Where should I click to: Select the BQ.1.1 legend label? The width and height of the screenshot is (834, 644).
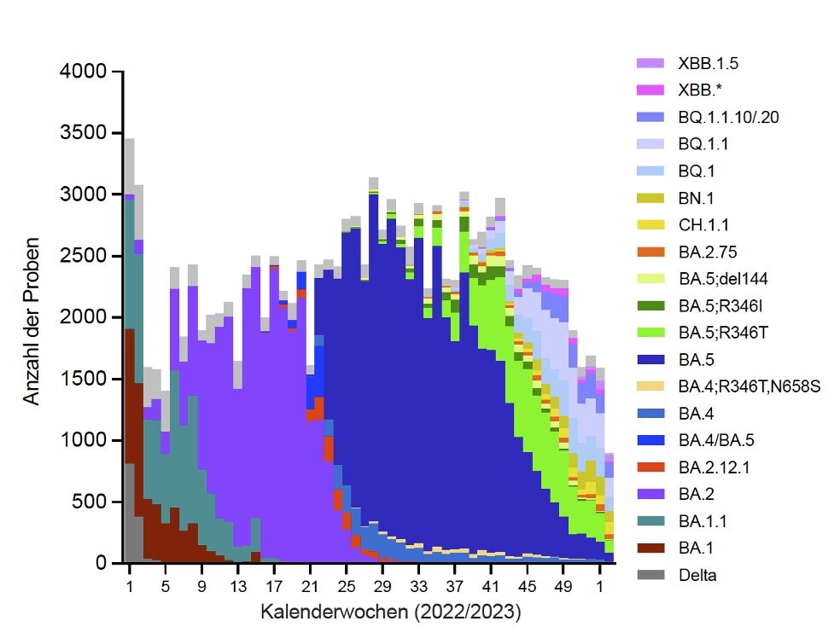[x=702, y=143]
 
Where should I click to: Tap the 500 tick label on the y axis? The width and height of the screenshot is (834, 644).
[x=95, y=502]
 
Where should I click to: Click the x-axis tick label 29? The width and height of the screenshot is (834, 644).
[x=383, y=587]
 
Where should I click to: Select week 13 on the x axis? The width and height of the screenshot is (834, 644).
[x=237, y=587]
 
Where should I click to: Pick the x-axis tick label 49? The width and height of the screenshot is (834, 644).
[x=563, y=587]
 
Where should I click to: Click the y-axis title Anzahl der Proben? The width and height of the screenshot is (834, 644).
[x=33, y=317]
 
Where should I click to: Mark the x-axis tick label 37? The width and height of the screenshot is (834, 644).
[x=455, y=587]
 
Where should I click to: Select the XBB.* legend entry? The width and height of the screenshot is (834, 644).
[x=700, y=90]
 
